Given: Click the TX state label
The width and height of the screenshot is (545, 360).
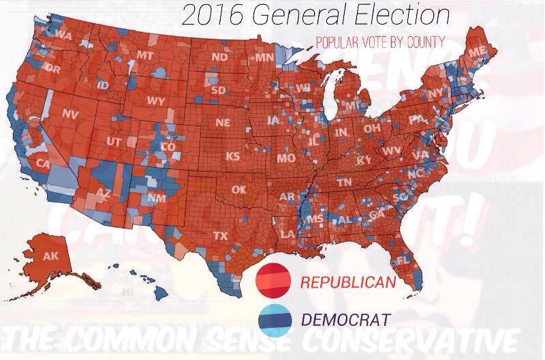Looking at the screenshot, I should coord(220,236).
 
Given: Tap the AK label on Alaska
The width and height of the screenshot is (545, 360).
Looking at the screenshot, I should coord(51,256).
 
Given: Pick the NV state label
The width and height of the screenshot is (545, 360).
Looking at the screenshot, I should coord(69,113).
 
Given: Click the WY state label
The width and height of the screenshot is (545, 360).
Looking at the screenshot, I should coord(156,102).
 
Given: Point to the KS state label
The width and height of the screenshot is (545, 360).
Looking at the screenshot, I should coord(233,156).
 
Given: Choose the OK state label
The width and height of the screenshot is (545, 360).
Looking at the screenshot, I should coord(238,190).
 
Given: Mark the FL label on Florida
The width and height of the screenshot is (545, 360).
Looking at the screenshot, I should coord(403,260).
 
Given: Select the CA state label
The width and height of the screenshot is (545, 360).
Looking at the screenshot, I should coord(43,164).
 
